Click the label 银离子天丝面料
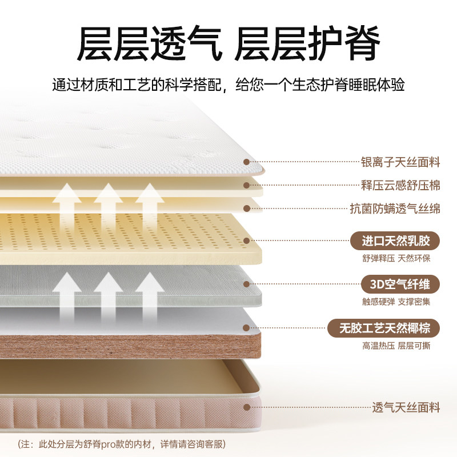click(x=400, y=162)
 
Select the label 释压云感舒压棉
click(x=400, y=186)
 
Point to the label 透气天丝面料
click(x=406, y=407)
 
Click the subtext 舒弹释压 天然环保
click(x=396, y=258)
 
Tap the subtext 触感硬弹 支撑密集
click(x=396, y=302)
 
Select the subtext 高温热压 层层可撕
click(x=396, y=346)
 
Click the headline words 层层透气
click(x=150, y=44)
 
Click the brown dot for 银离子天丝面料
click(x=247, y=162)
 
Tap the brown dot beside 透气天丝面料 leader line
click(x=247, y=407)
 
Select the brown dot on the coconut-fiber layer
click(x=247, y=328)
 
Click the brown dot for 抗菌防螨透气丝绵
click(x=247, y=209)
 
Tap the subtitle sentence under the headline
click(x=228, y=86)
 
